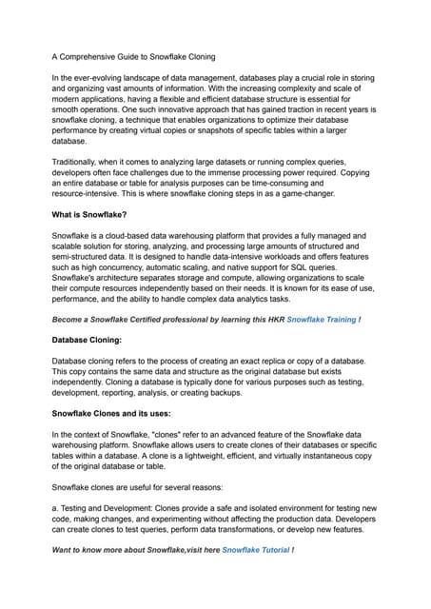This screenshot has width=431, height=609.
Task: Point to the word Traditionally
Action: pyautogui.click(x=80, y=163)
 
